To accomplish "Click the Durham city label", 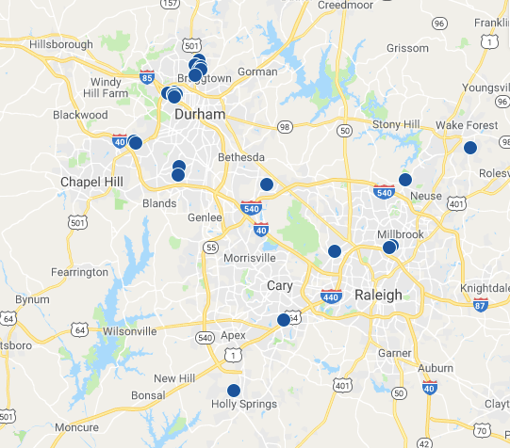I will [x=201, y=114].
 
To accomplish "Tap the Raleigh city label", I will [x=378, y=295].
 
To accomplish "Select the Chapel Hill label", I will [x=91, y=181].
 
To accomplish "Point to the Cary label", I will [x=280, y=285].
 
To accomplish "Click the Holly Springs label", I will [x=243, y=405].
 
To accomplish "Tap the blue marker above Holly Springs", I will [x=234, y=390].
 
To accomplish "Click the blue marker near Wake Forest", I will [x=469, y=147].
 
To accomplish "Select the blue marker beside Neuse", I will [x=405, y=179].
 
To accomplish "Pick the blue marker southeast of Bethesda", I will [x=267, y=184].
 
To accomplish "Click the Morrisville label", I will [x=251, y=258].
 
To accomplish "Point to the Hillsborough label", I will [x=61, y=44].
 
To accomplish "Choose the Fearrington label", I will [x=80, y=272].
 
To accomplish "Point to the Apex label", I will [x=233, y=335].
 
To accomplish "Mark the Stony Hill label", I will [x=396, y=123].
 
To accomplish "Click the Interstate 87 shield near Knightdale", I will [x=481, y=303].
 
